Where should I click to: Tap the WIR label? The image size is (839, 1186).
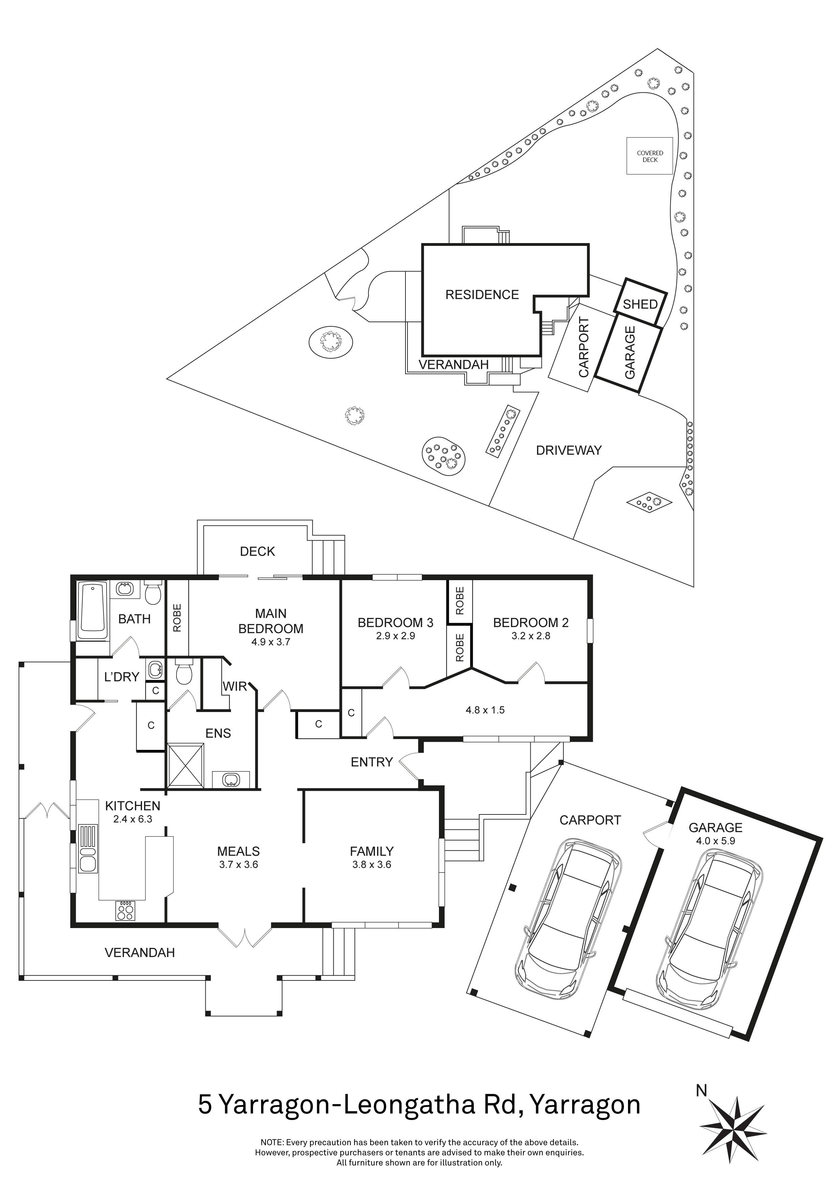(235, 687)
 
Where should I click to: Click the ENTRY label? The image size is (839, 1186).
(371, 762)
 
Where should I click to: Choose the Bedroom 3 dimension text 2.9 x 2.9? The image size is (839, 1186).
(395, 636)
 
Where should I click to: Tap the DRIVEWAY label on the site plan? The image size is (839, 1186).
(568, 450)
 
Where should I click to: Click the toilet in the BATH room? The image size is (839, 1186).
(153, 592)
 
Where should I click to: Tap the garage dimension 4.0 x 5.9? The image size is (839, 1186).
(715, 840)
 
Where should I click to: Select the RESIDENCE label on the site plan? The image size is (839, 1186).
(482, 294)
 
